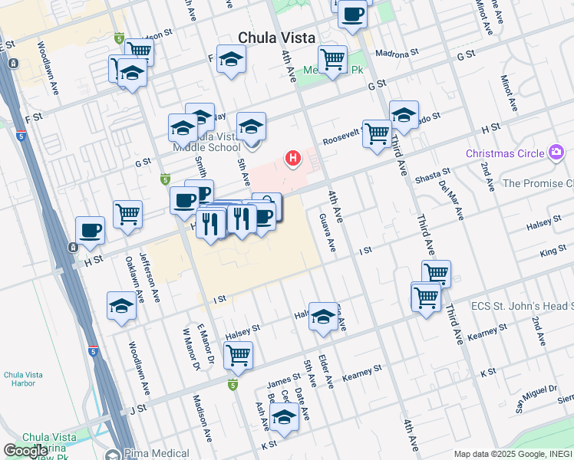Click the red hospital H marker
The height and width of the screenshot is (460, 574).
coord(292,159)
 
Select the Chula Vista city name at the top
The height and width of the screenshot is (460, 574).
coord(272,38)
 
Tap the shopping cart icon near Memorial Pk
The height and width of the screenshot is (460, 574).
coord(332,58)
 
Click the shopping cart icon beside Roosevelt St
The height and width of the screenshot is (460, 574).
coord(377,133)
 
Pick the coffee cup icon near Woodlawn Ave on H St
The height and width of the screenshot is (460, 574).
coord(90,230)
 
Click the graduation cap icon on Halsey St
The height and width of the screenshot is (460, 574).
coord(323,316)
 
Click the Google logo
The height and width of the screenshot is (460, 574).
coord(25,450)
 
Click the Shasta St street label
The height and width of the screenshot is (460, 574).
coord(432,178)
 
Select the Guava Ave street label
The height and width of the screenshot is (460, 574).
coord(327,232)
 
